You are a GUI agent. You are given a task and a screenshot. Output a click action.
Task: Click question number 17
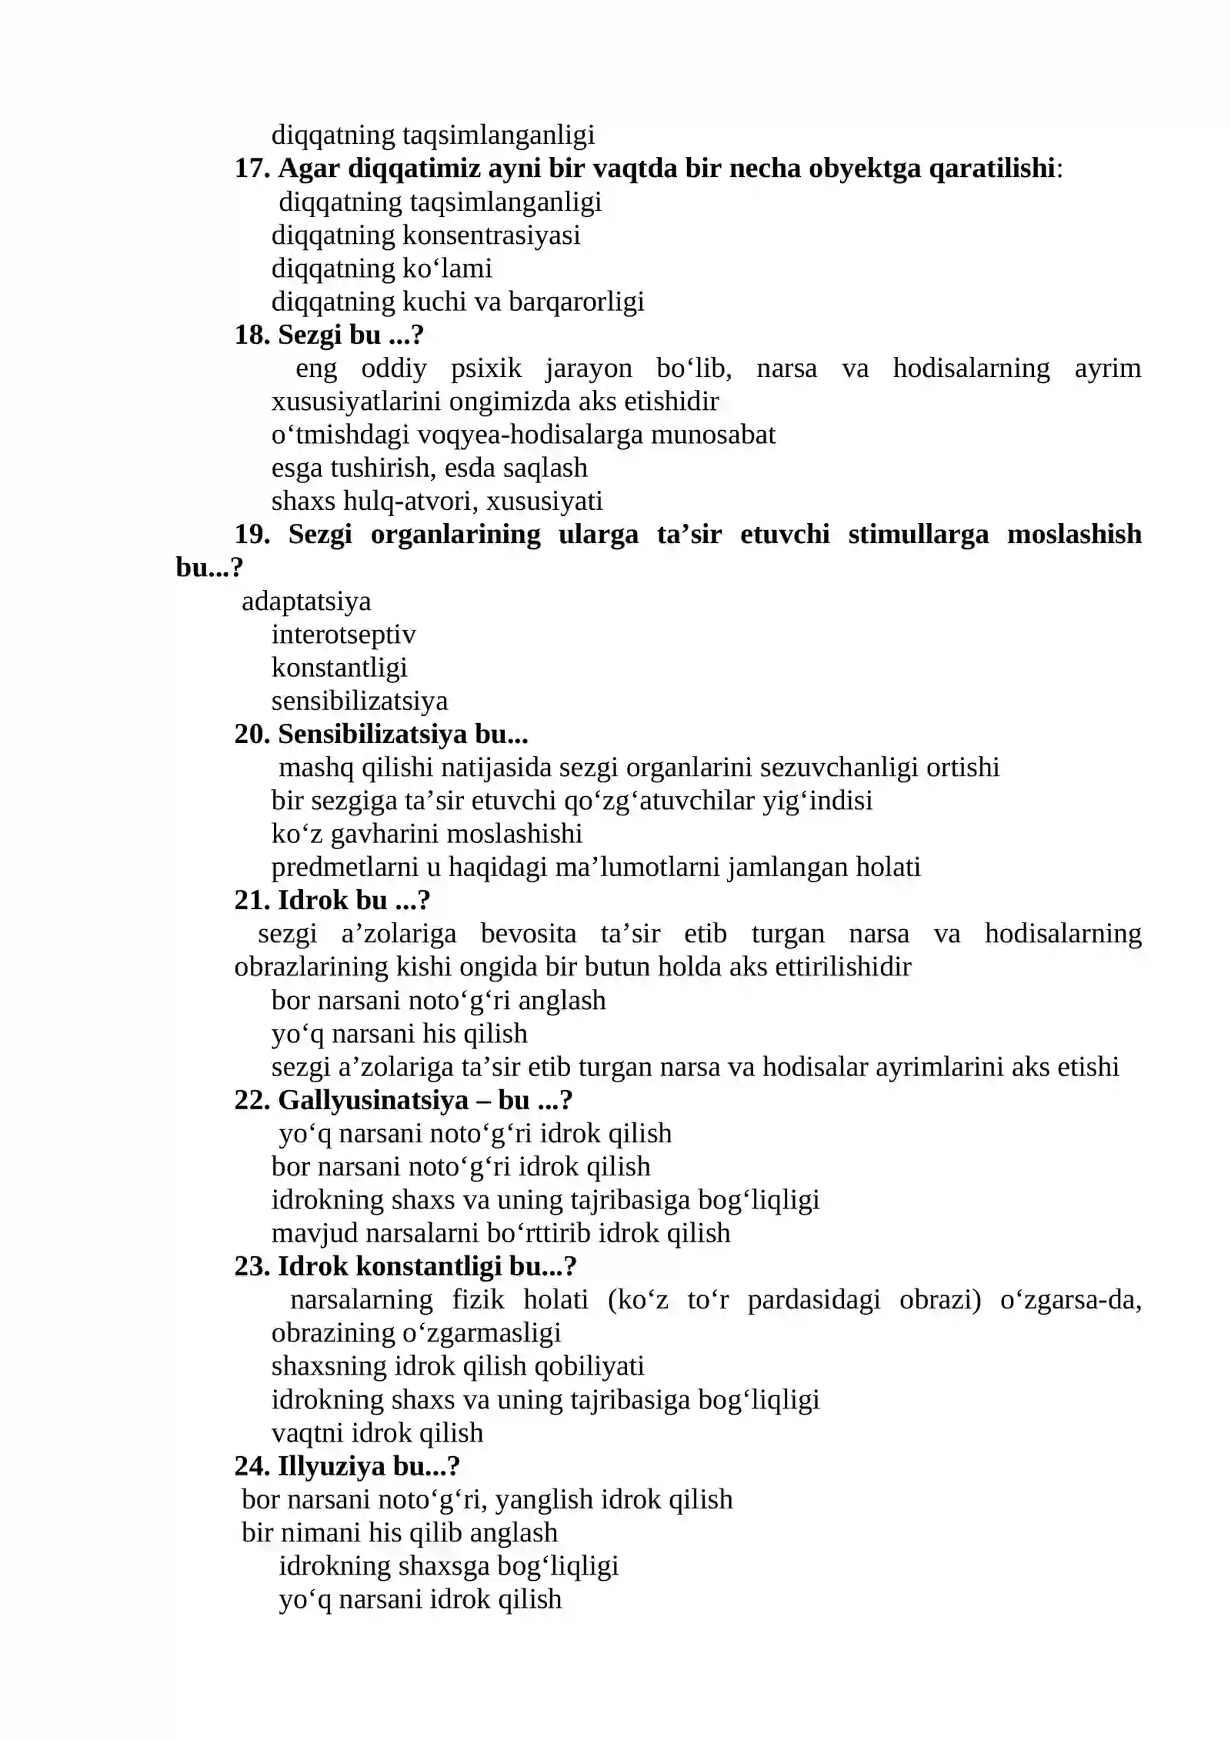pyautogui.click(x=251, y=168)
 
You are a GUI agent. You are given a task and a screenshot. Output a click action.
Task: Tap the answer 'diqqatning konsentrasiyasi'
pyautogui.click(x=425, y=235)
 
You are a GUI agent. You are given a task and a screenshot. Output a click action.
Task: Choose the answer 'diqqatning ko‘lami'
pyautogui.click(x=382, y=268)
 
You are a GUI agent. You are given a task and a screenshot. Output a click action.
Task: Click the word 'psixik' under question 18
pyautogui.click(x=485, y=368)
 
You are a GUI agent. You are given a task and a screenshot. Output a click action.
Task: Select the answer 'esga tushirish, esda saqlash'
pyautogui.click(x=429, y=468)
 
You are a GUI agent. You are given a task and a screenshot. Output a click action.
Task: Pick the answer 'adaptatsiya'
pyautogui.click(x=306, y=602)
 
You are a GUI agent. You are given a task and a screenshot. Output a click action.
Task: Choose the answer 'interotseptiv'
pyautogui.click(x=343, y=635)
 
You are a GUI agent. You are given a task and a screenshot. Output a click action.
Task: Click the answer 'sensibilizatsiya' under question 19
pyautogui.click(x=359, y=702)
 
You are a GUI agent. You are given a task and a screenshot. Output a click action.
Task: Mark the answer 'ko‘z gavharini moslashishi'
pyautogui.click(x=426, y=834)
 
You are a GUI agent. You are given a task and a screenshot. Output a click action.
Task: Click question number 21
pyautogui.click(x=251, y=901)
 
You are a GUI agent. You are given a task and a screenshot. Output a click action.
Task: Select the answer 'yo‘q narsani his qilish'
pyautogui.click(x=399, y=1034)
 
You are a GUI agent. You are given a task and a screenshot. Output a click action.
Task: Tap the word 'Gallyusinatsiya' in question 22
pyautogui.click(x=373, y=1101)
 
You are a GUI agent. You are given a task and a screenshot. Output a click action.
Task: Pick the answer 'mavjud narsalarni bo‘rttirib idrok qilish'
pyautogui.click(x=500, y=1233)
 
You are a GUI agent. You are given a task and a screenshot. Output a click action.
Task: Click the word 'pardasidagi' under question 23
pyautogui.click(x=813, y=1300)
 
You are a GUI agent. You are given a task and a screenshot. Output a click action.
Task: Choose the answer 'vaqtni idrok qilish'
pyautogui.click(x=377, y=1433)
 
